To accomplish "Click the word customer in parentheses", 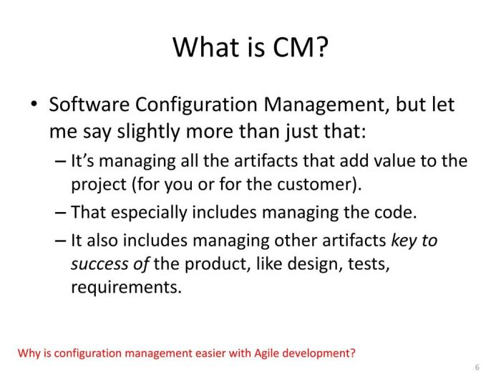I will pyautogui.click(x=316, y=183).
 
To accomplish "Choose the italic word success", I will pyautogui.click(x=102, y=264).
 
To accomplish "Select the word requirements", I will pyautogui.click(x=126, y=287).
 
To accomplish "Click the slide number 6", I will pyautogui.click(x=477, y=366).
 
